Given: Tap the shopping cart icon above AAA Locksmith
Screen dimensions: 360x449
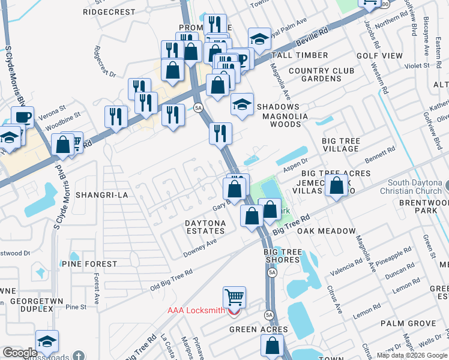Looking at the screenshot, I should pos(234,296).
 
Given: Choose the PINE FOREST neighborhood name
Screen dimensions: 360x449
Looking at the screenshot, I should pos(89,263).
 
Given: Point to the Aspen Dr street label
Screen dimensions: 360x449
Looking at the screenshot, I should pos(295,161).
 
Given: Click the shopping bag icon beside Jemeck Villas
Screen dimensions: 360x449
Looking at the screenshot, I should pos(337,185).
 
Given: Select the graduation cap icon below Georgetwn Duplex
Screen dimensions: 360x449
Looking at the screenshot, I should pos(47,341).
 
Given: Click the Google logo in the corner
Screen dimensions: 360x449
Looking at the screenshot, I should pos(19,353).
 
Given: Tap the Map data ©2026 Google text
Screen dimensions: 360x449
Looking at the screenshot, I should pos(411,355).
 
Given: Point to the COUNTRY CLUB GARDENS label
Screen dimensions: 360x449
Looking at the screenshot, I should pos(322,74).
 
